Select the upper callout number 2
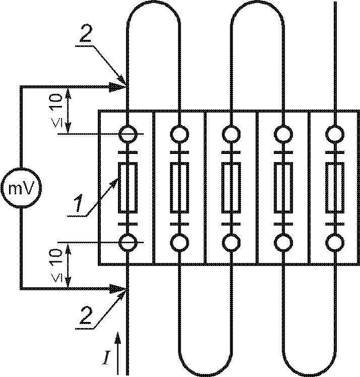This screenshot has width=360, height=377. [x=86, y=34]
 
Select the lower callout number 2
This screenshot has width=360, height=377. [x=86, y=315]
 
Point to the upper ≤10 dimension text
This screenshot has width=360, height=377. [x=57, y=111]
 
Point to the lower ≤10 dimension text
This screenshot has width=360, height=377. [x=57, y=265]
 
